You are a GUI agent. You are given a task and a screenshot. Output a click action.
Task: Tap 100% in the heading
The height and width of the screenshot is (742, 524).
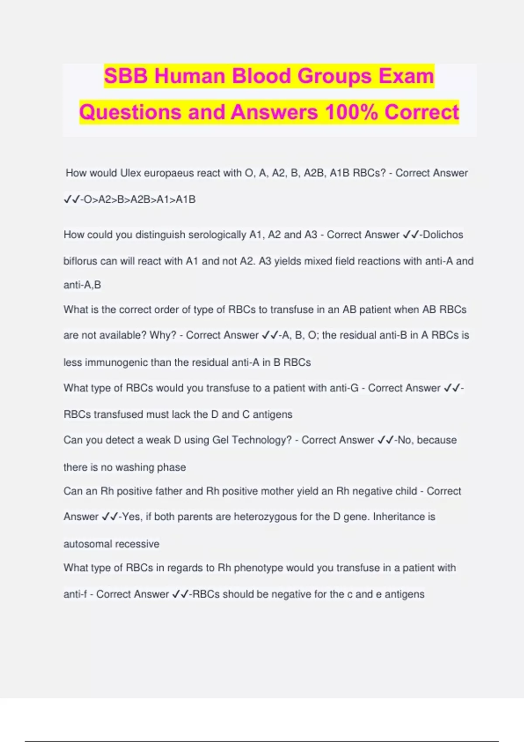(351, 112)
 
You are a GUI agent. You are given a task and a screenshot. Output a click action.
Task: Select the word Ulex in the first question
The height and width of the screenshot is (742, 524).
(131, 173)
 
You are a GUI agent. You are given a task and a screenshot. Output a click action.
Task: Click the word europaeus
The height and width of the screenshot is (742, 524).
(169, 173)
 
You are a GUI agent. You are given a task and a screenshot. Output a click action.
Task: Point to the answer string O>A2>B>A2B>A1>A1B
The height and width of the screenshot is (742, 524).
(139, 199)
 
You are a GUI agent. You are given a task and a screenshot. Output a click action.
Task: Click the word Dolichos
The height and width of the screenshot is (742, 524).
(443, 234)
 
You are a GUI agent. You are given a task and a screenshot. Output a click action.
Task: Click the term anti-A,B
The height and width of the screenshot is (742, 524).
(82, 285)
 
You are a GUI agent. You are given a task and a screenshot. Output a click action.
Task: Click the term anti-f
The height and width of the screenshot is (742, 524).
(75, 594)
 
